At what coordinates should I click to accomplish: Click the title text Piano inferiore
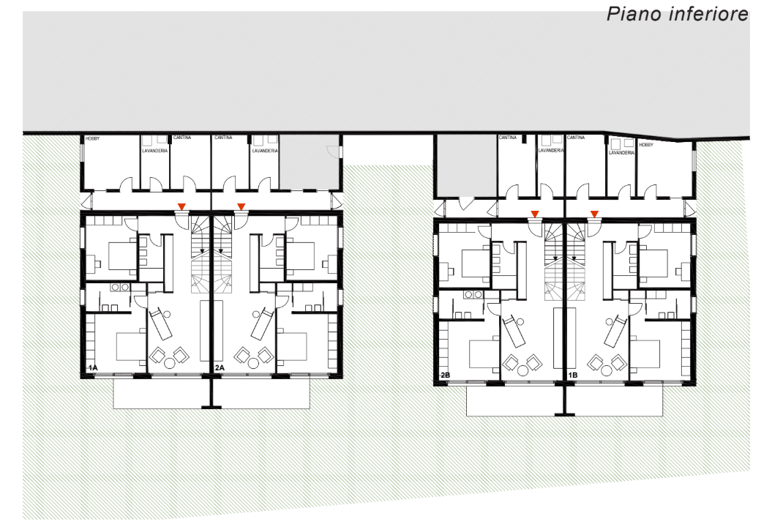[678, 14]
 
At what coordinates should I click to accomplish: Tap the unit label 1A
[92, 368]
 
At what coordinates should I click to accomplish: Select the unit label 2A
[220, 368]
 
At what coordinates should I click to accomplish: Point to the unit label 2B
[445, 375]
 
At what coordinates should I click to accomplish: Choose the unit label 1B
[573, 375]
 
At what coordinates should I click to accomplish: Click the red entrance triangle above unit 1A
[181, 206]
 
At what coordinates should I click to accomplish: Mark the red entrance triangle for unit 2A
[241, 206]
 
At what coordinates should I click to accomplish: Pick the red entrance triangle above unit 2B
[535, 214]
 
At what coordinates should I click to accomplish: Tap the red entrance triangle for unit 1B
[595, 214]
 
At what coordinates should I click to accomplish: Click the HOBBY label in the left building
[92, 139]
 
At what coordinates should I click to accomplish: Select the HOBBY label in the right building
[646, 145]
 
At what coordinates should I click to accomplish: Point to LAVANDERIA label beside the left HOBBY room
[155, 151]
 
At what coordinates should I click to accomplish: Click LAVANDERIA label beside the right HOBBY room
[621, 153]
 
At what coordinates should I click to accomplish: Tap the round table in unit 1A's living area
[170, 364]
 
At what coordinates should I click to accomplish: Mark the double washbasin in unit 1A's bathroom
[120, 287]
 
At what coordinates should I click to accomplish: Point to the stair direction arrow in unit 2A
[221, 251]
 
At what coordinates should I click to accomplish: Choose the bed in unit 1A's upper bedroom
[122, 255]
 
